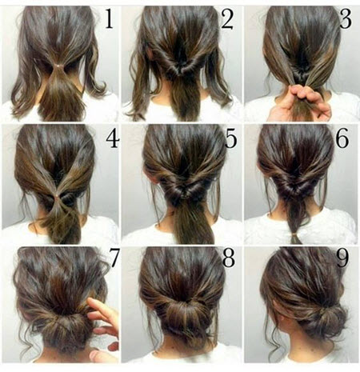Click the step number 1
click(x=110, y=18)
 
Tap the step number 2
click(x=227, y=18)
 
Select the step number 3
click(x=346, y=18)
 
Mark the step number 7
click(x=114, y=258)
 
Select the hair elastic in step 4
click(x=57, y=197)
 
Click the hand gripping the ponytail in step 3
click(x=300, y=102)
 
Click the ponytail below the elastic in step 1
click(x=61, y=94)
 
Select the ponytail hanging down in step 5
click(x=190, y=222)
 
